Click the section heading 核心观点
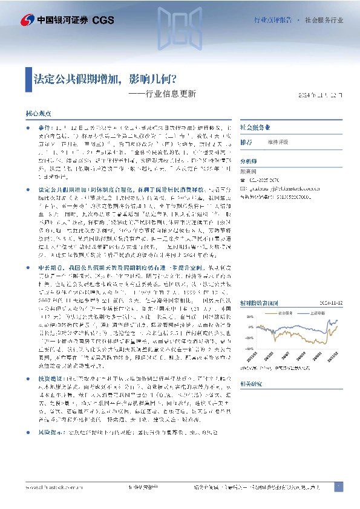point(39,114)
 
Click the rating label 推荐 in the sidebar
point(246,142)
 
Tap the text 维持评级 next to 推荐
point(279,143)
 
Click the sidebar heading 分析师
point(249,161)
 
